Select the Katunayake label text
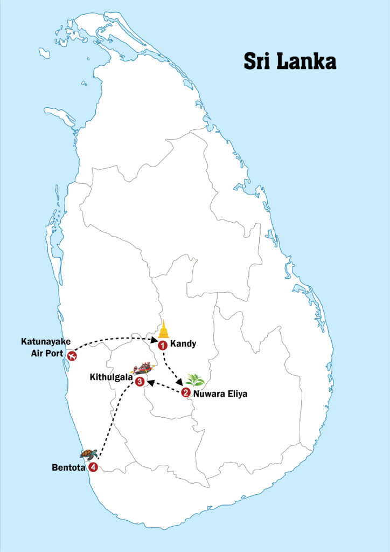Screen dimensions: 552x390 tap(45, 341)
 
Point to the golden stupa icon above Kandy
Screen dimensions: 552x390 tap(164, 330)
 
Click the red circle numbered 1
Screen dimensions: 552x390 tap(162, 346)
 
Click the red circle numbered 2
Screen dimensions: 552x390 tap(186, 392)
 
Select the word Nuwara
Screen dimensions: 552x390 tap(209, 394)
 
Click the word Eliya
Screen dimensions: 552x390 tap(236, 394)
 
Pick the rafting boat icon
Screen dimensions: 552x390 tap(143, 369)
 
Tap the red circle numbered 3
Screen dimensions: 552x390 tap(140, 382)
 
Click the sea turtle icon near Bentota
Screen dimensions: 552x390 tap(88, 454)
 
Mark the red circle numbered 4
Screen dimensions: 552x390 tap(93, 467)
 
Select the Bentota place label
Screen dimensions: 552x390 tap(68, 467)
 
